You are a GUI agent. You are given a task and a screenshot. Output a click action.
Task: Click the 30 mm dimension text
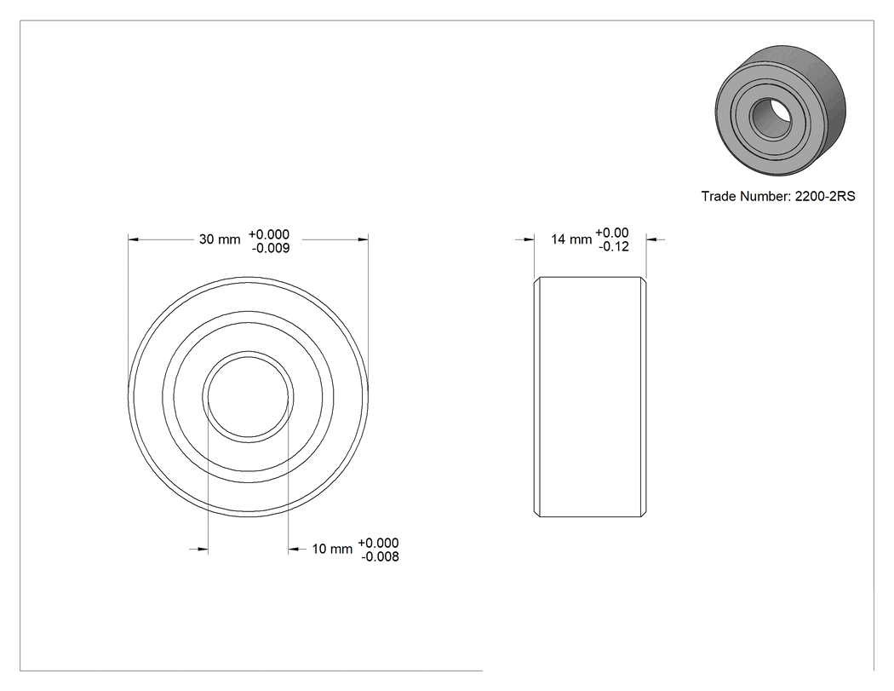tap(220, 239)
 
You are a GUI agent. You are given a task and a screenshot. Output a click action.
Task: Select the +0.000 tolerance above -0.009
tap(269, 234)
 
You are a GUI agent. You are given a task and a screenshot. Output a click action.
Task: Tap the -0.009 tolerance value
tap(271, 248)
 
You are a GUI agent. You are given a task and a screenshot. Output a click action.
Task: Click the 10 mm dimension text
tap(332, 549)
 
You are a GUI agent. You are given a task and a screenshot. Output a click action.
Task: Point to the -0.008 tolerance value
tap(381, 557)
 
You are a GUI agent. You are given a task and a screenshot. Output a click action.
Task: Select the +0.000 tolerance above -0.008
tap(379, 544)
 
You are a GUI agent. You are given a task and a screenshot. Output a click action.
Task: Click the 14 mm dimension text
tap(571, 239)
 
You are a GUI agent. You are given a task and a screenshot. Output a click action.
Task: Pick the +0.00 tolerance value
tap(612, 233)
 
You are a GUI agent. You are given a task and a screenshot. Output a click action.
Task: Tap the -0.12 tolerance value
tap(614, 246)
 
